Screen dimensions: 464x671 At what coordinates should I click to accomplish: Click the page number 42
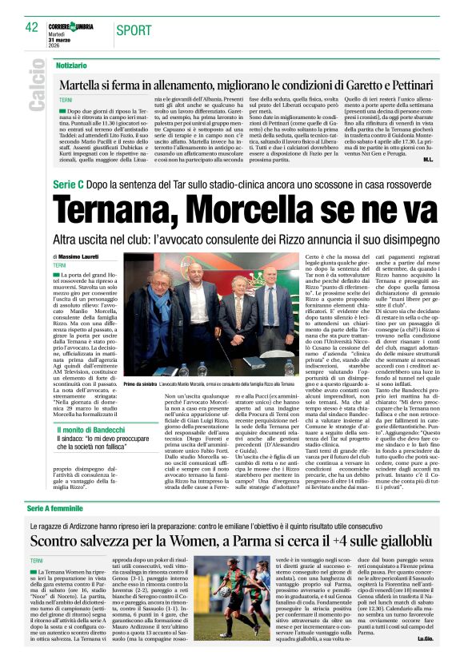click(32, 28)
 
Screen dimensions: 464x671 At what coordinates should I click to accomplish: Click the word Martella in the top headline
click(89, 84)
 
